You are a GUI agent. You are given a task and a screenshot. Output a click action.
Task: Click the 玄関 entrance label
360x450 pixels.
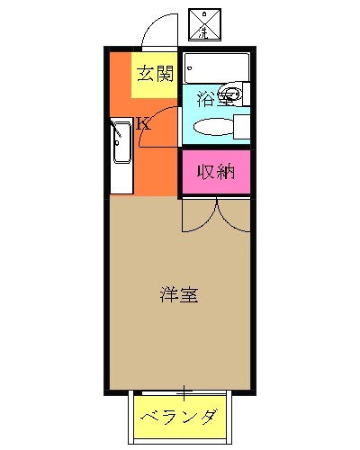155,74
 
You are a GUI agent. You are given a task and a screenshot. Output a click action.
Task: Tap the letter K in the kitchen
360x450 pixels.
142,123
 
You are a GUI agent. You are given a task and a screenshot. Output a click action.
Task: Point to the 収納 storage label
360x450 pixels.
216,171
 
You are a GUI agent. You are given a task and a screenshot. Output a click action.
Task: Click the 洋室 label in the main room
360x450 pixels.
180,293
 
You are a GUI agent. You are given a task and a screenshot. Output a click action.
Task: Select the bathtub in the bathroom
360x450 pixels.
216,67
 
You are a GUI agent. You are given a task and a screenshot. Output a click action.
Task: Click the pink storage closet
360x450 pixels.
216,172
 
